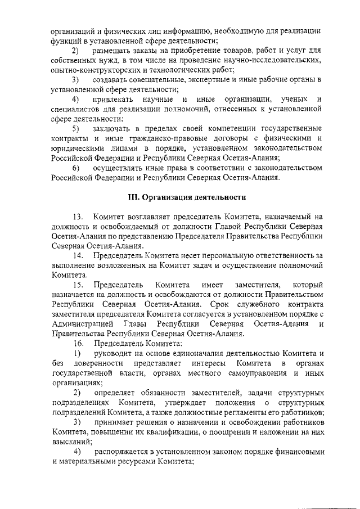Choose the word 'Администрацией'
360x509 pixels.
coord(82,324)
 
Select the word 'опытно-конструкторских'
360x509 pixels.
coord(95,70)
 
